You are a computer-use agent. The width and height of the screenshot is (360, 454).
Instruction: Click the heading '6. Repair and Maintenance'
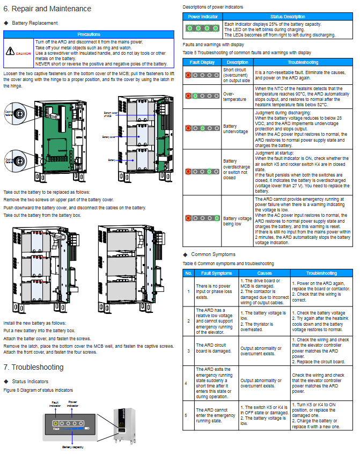47,9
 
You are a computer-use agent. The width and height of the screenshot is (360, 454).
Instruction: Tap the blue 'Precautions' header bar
89,34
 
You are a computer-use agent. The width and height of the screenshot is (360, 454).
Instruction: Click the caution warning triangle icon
10,52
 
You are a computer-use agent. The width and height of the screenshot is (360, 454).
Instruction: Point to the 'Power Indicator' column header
203,17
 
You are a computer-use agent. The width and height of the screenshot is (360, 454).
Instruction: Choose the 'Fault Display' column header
202,62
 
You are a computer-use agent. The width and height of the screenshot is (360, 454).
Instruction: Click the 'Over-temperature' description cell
235,96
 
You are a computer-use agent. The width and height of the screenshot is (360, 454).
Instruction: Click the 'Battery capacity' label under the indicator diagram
74,446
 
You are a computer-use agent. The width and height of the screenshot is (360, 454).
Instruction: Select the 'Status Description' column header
288,17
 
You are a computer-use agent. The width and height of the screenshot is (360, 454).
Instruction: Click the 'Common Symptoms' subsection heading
213,254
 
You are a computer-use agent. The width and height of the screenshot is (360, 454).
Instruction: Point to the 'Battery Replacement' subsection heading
35,23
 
